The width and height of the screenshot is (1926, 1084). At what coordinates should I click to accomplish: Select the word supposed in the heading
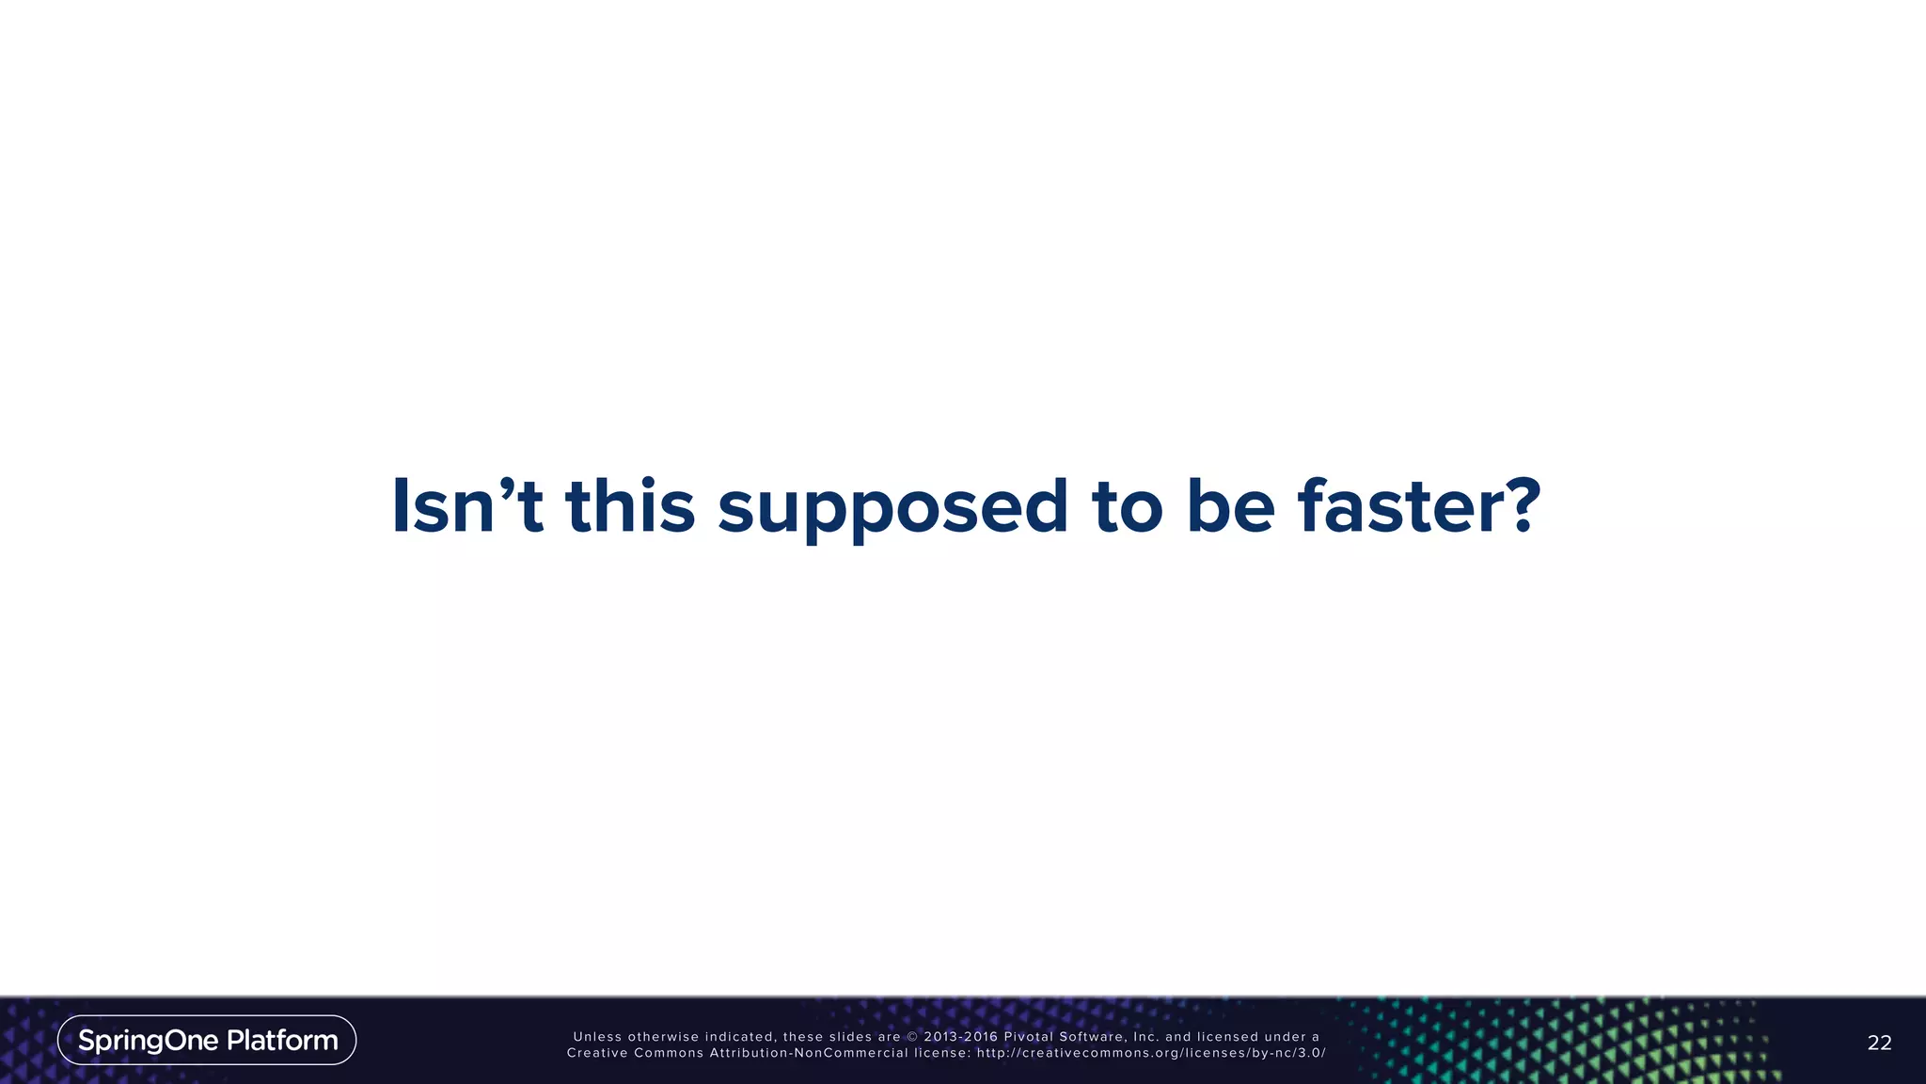pyautogui.click(x=892, y=508)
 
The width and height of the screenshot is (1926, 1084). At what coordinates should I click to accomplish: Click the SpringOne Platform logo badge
pyautogui.click(x=207, y=1040)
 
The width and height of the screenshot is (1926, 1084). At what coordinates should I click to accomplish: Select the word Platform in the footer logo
pyautogui.click(x=282, y=1040)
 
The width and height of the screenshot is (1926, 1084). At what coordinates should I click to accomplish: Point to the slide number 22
pyautogui.click(x=1879, y=1042)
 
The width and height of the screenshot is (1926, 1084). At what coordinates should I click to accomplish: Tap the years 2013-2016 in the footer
pyautogui.click(x=960, y=1037)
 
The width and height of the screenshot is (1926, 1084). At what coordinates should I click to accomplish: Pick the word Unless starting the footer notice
pyautogui.click(x=597, y=1037)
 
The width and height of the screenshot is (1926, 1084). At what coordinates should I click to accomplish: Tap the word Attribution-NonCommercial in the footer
pyautogui.click(x=809, y=1053)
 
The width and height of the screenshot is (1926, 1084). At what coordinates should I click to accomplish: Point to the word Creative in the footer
pyautogui.click(x=596, y=1053)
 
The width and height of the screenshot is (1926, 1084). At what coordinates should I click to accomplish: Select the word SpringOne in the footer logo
pyautogui.click(x=148, y=1040)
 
